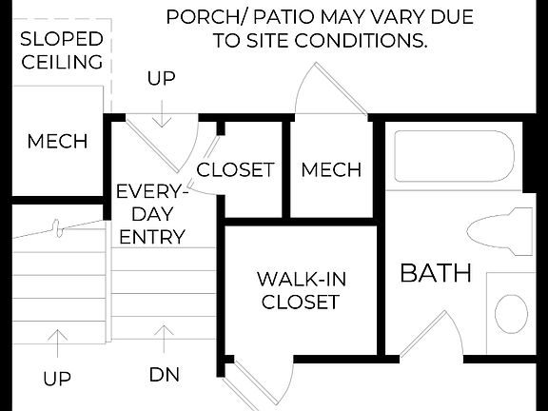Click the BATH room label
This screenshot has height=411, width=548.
click(436, 273)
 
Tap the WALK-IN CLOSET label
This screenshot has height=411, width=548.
click(300, 291)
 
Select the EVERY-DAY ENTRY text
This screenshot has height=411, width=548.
click(151, 214)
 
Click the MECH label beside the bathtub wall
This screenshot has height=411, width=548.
click(331, 170)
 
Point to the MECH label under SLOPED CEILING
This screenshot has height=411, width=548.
click(57, 142)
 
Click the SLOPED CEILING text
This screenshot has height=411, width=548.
click(62, 50)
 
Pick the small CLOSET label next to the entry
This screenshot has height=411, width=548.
click(235, 170)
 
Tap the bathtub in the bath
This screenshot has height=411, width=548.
click(455, 158)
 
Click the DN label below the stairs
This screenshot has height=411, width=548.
click(164, 375)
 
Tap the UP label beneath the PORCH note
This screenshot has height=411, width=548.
click(162, 79)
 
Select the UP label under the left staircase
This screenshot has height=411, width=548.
click(57, 379)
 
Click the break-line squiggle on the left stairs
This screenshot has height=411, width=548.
click(59, 228)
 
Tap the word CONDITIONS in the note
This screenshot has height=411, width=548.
click(362, 42)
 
